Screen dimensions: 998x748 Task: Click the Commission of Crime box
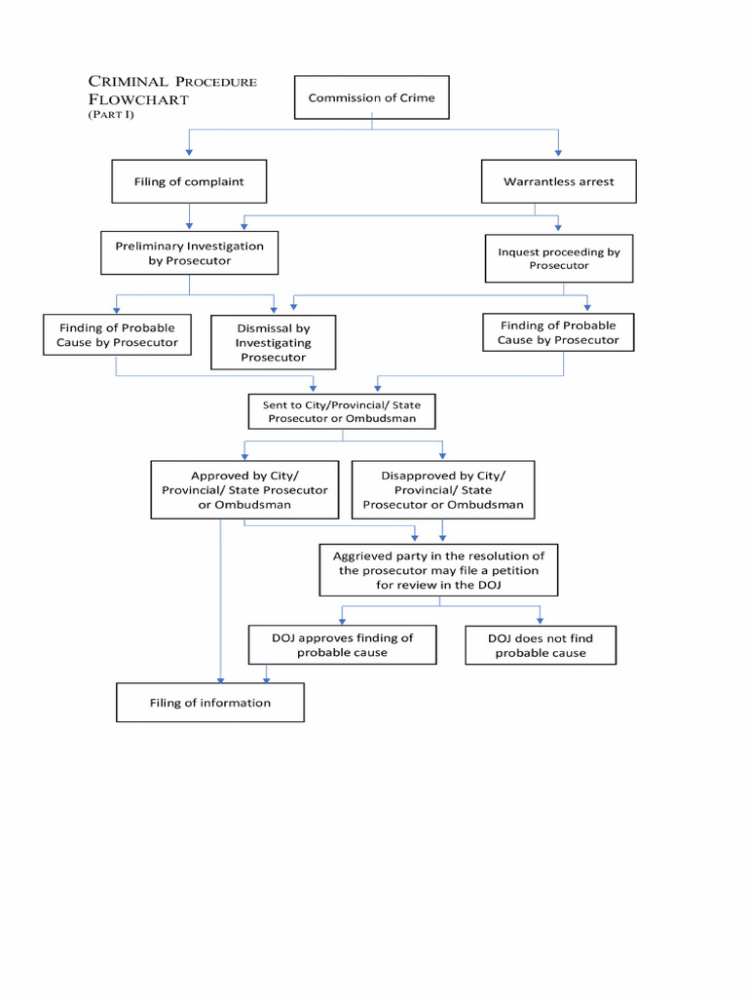[371, 97]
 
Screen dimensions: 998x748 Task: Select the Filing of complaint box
[189, 181]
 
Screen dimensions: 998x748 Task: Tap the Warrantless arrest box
[558, 181]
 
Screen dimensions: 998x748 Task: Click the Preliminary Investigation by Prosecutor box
[189, 253]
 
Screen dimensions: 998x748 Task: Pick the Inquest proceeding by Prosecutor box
[558, 258]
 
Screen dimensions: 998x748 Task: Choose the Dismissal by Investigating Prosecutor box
[273, 343]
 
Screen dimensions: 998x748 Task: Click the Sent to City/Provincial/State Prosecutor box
[341, 411]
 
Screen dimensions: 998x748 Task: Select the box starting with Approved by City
[244, 490]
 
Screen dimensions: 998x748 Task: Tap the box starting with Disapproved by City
[443, 490]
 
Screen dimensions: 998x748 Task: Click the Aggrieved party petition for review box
[438, 570]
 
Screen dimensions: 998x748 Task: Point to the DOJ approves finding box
[342, 645]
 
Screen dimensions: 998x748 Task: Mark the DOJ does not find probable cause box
[540, 645]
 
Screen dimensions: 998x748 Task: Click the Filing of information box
[210, 703]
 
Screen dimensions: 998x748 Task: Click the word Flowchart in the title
[138, 99]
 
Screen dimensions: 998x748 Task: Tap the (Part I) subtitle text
[110, 115]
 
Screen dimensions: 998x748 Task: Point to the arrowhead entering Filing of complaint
[189, 153]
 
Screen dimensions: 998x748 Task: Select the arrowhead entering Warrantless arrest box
[558, 153]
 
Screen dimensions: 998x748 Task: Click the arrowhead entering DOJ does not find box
[540, 620]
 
